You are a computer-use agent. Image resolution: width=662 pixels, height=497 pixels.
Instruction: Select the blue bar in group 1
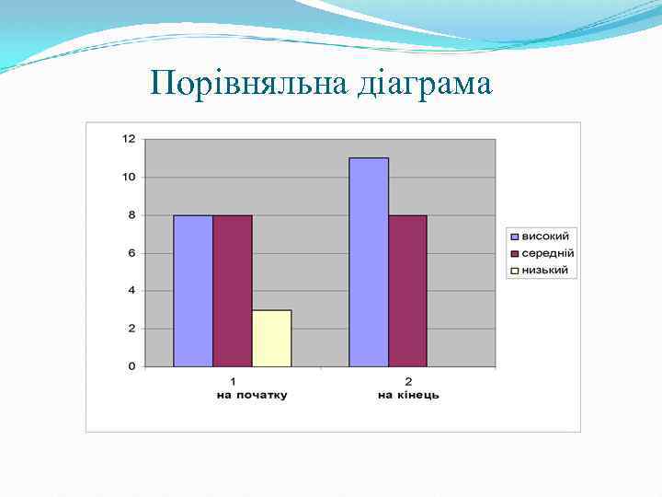(x=193, y=291)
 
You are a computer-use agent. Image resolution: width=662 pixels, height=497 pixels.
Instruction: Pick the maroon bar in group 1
(x=233, y=291)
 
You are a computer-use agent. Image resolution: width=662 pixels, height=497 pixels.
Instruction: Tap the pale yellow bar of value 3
(x=272, y=339)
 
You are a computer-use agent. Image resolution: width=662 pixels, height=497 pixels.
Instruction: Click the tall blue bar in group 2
(x=369, y=262)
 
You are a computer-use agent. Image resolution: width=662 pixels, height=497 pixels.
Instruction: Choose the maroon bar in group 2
(x=408, y=291)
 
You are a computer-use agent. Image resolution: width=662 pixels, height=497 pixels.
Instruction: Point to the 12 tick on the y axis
(x=129, y=139)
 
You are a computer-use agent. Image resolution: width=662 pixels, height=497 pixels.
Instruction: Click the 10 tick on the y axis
(x=129, y=177)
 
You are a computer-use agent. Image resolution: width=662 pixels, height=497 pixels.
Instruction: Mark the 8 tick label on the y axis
(x=131, y=214)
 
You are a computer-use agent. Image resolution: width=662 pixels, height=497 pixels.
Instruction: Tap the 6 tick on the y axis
(x=131, y=253)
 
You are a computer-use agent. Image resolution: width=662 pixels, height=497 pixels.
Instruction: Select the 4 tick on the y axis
(x=131, y=291)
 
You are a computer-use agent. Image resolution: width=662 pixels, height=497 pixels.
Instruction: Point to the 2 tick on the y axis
(x=131, y=329)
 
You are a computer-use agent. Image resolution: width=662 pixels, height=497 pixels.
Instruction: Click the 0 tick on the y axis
(x=131, y=366)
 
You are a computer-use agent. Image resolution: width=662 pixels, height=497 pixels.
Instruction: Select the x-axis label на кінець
(x=408, y=395)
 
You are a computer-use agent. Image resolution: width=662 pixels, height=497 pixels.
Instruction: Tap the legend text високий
(x=546, y=237)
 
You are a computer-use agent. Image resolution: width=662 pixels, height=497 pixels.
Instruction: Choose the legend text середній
(x=548, y=253)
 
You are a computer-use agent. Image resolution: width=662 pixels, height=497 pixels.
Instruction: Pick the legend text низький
(x=545, y=270)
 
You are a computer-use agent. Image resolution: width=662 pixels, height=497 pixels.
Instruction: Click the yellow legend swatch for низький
(x=515, y=271)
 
